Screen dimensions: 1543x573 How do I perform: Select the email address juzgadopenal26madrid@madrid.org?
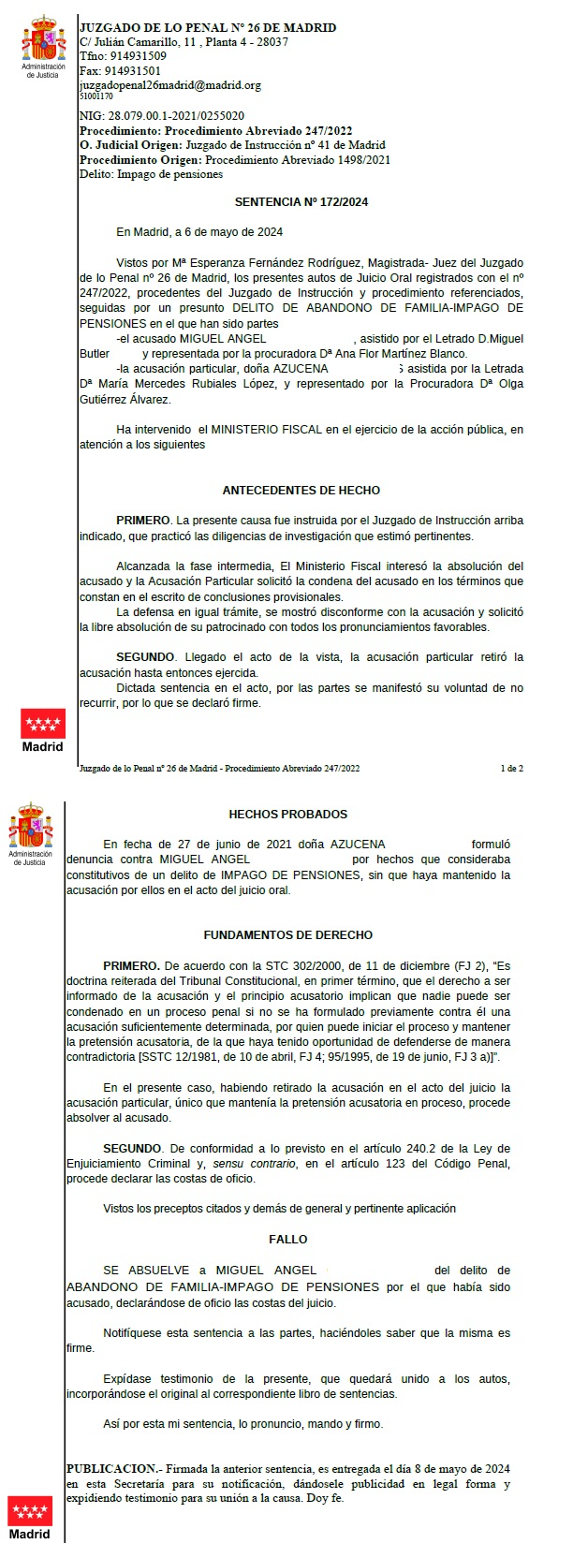click(170, 84)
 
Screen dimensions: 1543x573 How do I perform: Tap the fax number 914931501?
click(136, 70)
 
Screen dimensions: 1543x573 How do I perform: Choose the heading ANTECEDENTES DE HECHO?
click(301, 491)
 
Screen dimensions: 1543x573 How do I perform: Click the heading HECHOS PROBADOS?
click(287, 814)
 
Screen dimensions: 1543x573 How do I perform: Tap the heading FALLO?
click(287, 1239)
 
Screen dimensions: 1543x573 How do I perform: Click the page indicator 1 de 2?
click(511, 768)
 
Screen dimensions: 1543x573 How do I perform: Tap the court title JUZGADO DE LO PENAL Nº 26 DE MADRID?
click(208, 28)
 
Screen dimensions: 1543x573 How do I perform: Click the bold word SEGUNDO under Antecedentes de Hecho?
click(144, 657)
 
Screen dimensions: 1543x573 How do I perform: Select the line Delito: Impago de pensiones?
click(151, 172)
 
